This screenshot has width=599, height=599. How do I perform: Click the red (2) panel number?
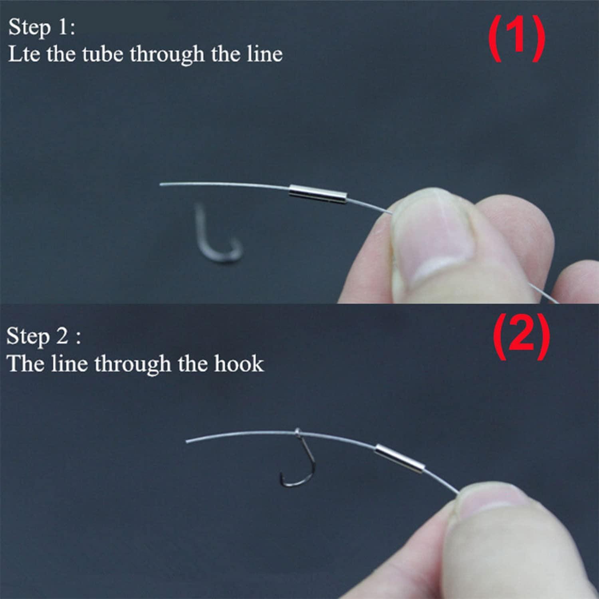pos(521,336)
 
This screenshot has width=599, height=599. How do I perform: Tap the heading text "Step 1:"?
pos(42,28)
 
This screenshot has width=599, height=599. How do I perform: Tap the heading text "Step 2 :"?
pos(43,337)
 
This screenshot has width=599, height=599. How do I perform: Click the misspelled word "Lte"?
pos(24,54)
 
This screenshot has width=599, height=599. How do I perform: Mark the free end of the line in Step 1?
pos(161,185)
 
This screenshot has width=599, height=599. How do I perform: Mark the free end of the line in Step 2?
pos(188,441)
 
